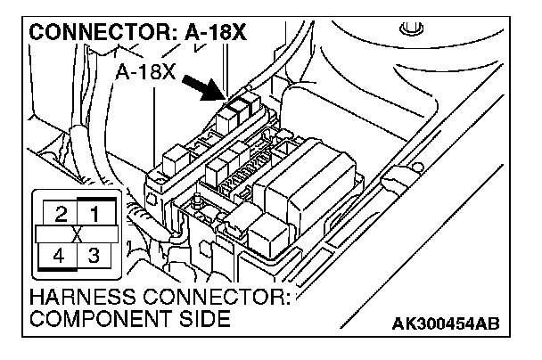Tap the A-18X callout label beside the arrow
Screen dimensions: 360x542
pos(145,71)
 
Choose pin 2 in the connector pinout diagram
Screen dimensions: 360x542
pos(61,215)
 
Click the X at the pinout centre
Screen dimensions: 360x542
pos(77,235)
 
